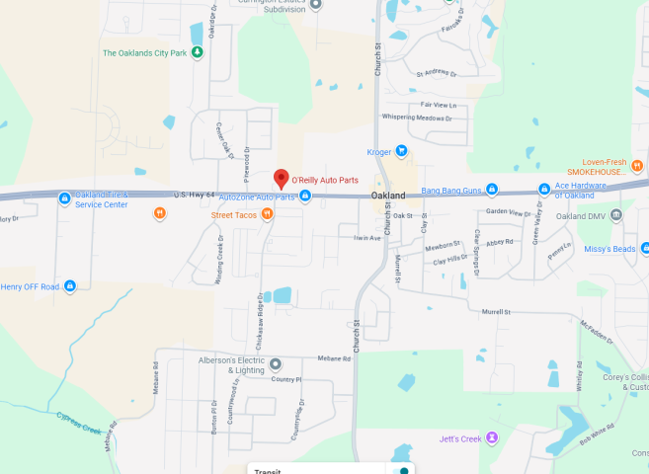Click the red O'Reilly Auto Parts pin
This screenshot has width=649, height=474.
pyautogui.click(x=281, y=178)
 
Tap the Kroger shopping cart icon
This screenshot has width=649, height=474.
pyautogui.click(x=401, y=152)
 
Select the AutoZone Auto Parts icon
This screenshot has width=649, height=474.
pyautogui.click(x=305, y=197)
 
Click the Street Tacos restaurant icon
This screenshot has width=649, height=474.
pyautogui.click(x=267, y=212)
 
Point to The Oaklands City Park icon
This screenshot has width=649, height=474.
pyautogui.click(x=198, y=52)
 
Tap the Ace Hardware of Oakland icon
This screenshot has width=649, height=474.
pyautogui.click(x=543, y=190)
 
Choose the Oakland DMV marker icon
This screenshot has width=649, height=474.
pyautogui.click(x=616, y=215)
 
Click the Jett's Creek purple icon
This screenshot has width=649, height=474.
pyautogui.click(x=492, y=437)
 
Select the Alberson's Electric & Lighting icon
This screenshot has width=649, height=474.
pyautogui.click(x=276, y=363)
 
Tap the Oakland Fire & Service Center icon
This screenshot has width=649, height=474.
pyautogui.click(x=64, y=198)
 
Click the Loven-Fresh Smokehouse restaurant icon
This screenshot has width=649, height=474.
pyautogui.click(x=637, y=165)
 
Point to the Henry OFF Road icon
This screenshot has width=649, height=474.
pyautogui.click(x=69, y=287)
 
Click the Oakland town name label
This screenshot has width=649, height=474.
pyautogui.click(x=388, y=196)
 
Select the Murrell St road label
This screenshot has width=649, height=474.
pyautogui.click(x=495, y=312)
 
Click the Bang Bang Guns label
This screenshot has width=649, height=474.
pyautogui.click(x=450, y=190)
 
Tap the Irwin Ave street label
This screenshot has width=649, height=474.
pyautogui.click(x=367, y=237)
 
